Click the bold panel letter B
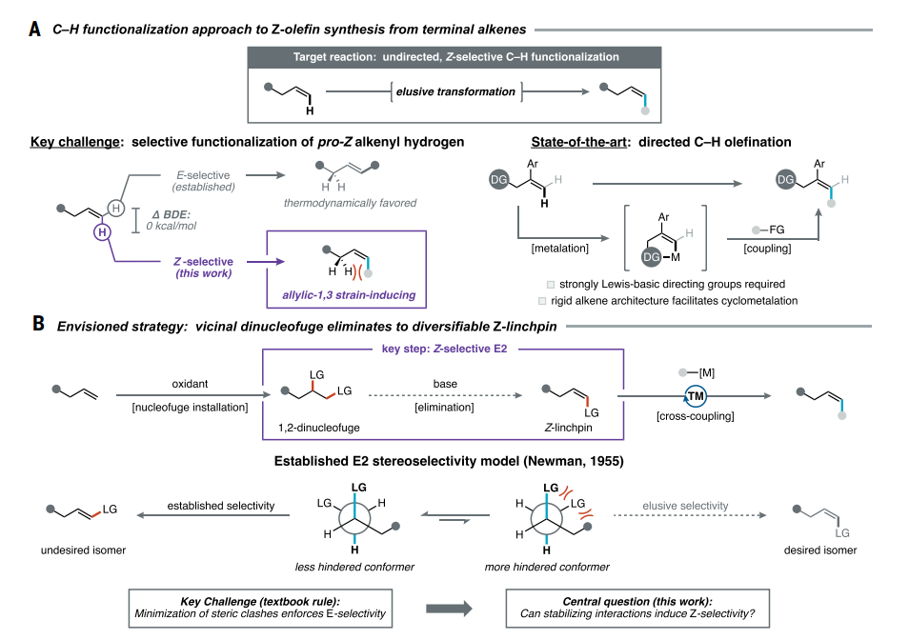point(38,324)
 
